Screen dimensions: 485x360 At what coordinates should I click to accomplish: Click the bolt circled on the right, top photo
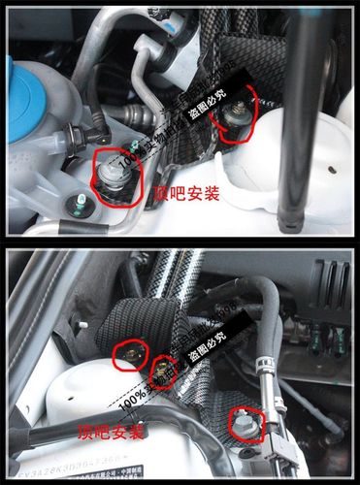point(234,114)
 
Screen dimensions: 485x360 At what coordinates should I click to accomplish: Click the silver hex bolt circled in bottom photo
point(243,423)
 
